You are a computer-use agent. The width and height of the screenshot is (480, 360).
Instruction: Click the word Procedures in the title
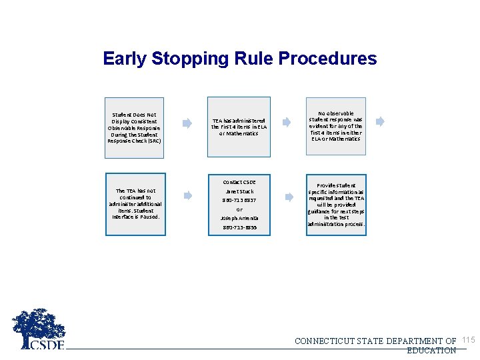[327, 59]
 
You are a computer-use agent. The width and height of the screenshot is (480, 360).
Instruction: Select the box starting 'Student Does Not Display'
[135, 127]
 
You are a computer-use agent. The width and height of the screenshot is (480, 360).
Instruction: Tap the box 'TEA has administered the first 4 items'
[239, 127]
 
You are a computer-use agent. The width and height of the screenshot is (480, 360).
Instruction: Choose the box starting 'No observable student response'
[335, 126]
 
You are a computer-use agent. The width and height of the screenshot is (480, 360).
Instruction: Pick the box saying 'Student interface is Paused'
[135, 203]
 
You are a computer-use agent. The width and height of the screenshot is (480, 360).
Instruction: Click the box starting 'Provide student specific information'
[336, 205]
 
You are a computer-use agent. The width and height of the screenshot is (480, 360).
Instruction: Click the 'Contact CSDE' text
[239, 182]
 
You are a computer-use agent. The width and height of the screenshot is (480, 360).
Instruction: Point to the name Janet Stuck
[239, 191]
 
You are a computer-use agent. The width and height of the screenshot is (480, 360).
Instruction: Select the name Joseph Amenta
[239, 218]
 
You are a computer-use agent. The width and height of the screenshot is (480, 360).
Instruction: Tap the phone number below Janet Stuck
[239, 200]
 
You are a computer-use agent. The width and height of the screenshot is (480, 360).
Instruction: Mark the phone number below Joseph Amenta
[239, 227]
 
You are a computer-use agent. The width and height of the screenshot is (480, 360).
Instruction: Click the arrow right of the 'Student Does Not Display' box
[188, 123]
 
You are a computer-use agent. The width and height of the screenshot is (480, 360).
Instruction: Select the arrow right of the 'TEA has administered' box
[286, 122]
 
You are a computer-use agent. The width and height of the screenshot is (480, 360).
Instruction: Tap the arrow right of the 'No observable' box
[380, 121]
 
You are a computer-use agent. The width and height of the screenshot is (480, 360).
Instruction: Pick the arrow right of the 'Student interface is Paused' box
[188, 195]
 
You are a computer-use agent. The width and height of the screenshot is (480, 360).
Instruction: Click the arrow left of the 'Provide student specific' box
[289, 197]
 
